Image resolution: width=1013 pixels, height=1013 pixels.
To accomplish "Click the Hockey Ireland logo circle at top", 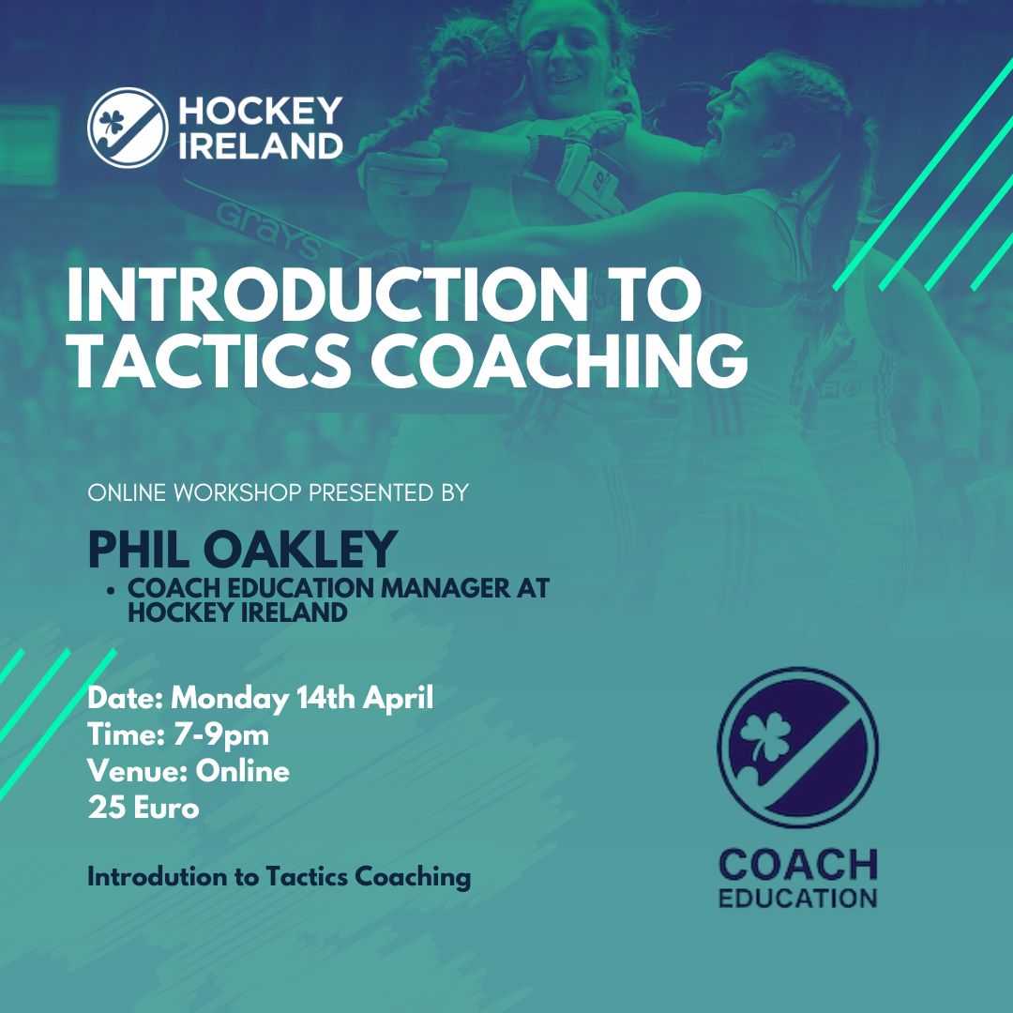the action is point(128,128).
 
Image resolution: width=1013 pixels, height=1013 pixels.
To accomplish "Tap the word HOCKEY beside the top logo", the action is point(261,111).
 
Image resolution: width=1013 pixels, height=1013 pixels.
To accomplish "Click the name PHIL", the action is point(140,550).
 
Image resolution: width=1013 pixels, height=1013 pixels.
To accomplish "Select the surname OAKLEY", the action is point(300,550).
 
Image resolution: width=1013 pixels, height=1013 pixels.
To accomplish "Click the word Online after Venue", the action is point(242,771).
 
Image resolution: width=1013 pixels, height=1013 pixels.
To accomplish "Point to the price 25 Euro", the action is point(144,809).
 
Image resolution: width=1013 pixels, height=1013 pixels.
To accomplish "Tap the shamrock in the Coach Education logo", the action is point(765,737).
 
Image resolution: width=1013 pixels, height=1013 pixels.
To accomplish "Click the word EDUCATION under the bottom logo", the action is point(797,899).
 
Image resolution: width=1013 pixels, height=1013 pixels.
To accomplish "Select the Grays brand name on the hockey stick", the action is point(267,231).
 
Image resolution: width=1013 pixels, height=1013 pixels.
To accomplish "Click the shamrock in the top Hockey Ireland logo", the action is point(111,123).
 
